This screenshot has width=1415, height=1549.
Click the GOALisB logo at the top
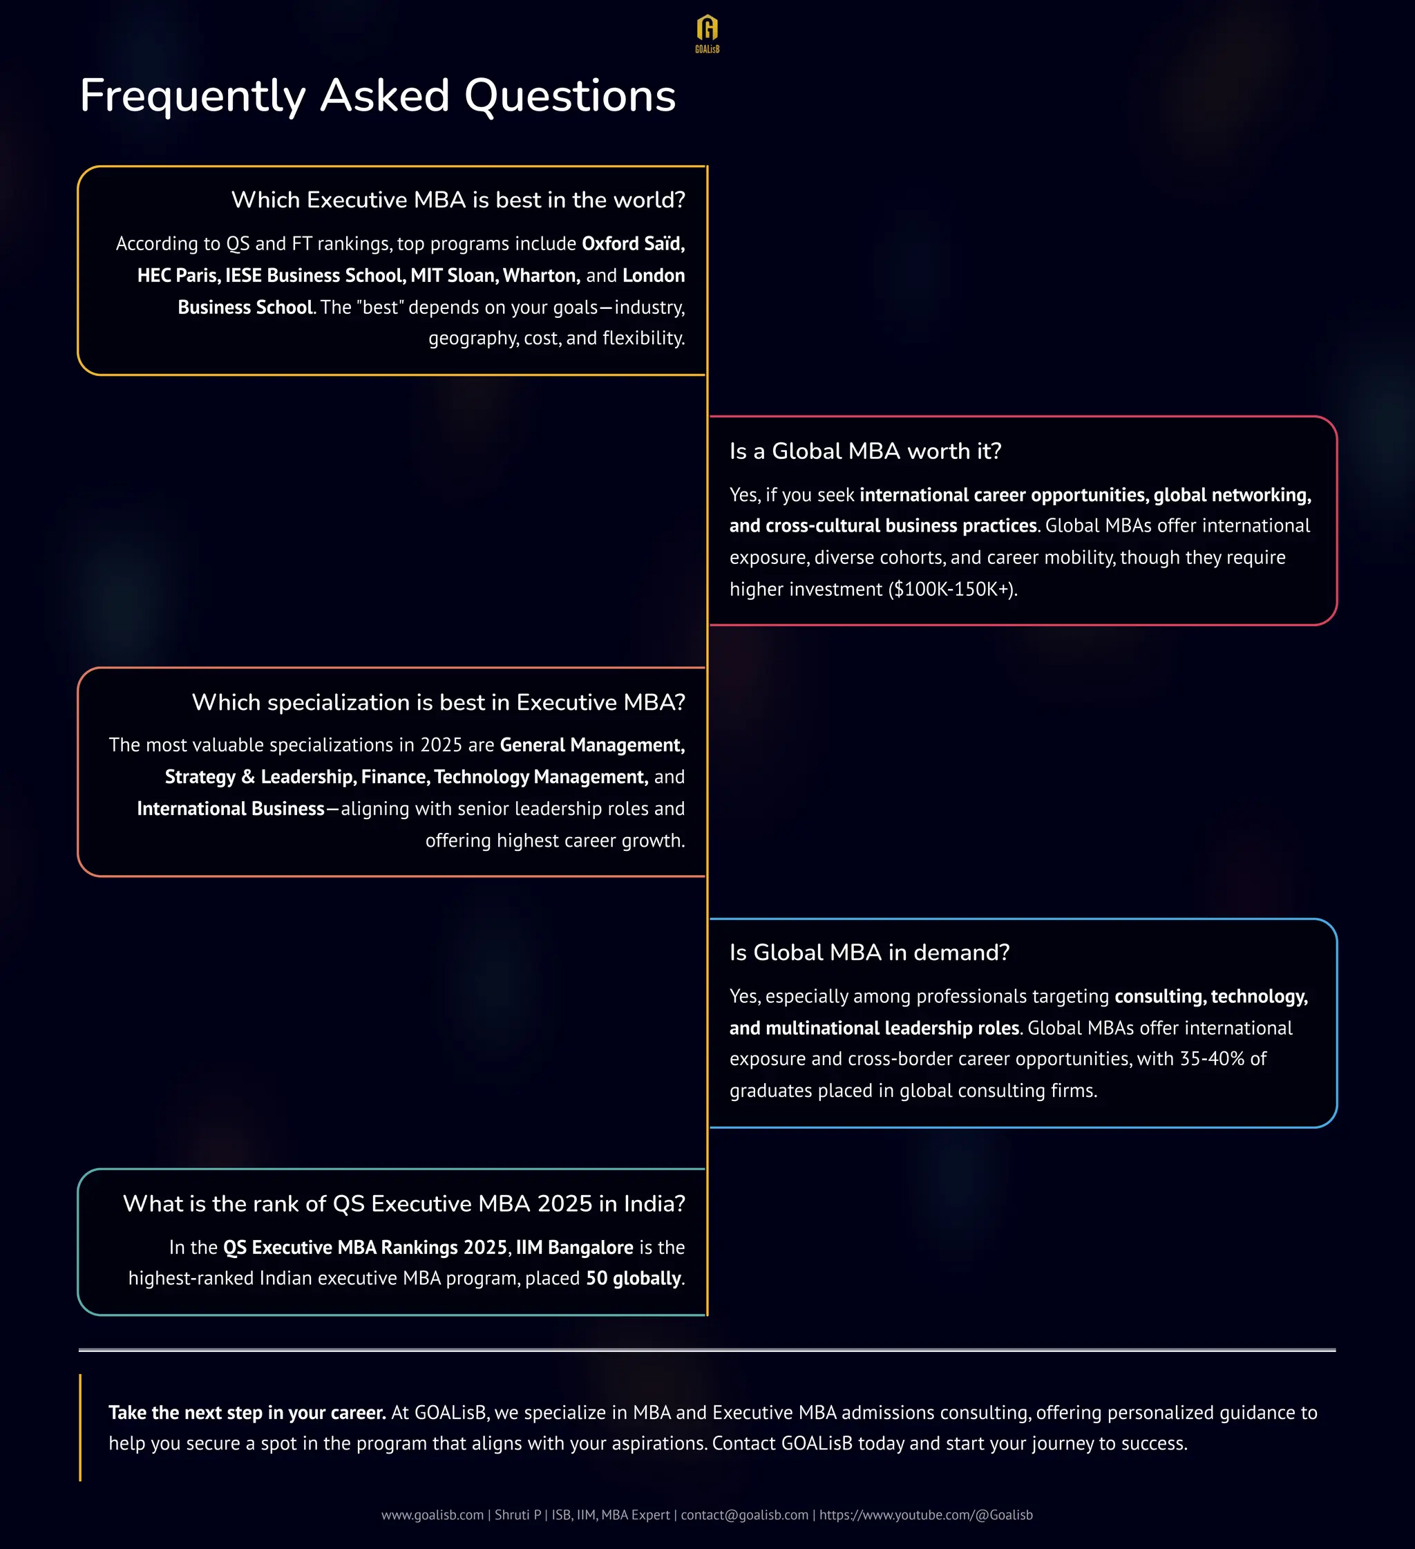click(x=707, y=33)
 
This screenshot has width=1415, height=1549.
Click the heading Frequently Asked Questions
click(x=377, y=96)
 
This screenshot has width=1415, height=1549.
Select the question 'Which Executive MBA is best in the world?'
click(x=458, y=200)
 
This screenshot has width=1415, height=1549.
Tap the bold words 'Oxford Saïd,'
click(x=633, y=243)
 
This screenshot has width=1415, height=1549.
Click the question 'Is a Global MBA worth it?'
click(x=865, y=451)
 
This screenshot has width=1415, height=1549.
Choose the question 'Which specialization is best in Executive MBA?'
click(x=438, y=702)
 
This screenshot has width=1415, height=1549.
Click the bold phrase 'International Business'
click(x=231, y=808)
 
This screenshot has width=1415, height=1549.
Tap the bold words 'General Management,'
click(x=591, y=744)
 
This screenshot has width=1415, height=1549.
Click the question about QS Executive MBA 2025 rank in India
click(x=403, y=1203)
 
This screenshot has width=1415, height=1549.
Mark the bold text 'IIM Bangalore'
click(x=574, y=1247)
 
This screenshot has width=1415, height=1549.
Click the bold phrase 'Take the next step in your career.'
click(x=247, y=1412)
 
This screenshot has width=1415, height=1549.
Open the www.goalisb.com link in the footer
click(x=432, y=1514)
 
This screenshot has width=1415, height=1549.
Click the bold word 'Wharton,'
click(x=541, y=275)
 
